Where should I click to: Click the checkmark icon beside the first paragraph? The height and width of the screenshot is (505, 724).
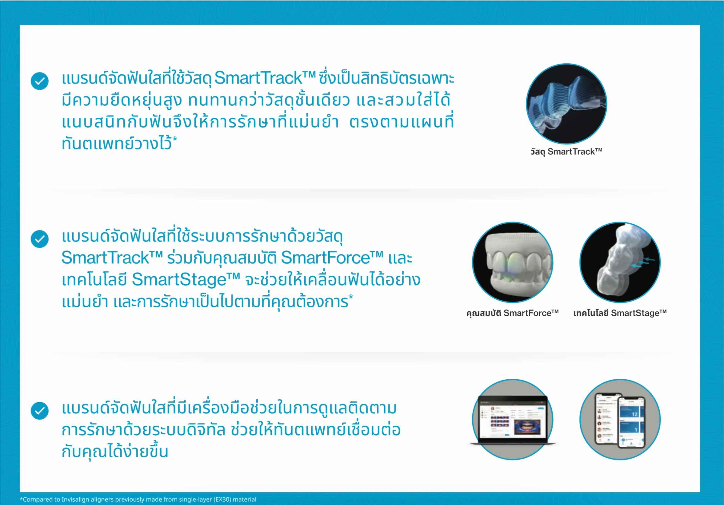click(40, 81)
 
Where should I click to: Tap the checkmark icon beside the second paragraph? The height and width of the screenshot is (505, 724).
click(40, 239)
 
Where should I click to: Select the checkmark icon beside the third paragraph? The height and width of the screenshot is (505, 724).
click(40, 411)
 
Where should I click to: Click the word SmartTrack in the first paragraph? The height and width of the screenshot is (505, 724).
click(258, 78)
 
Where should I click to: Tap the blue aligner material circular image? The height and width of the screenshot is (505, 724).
click(566, 104)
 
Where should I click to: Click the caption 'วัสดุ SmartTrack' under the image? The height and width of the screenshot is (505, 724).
click(566, 152)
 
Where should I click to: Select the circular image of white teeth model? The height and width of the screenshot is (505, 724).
click(512, 262)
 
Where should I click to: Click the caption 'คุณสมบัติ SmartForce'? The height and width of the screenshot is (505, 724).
click(512, 313)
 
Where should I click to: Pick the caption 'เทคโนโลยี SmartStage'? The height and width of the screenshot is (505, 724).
click(620, 313)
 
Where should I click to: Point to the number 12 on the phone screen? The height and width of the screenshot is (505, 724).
click(634, 414)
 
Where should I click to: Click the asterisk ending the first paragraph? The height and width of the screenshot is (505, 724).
click(175, 139)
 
